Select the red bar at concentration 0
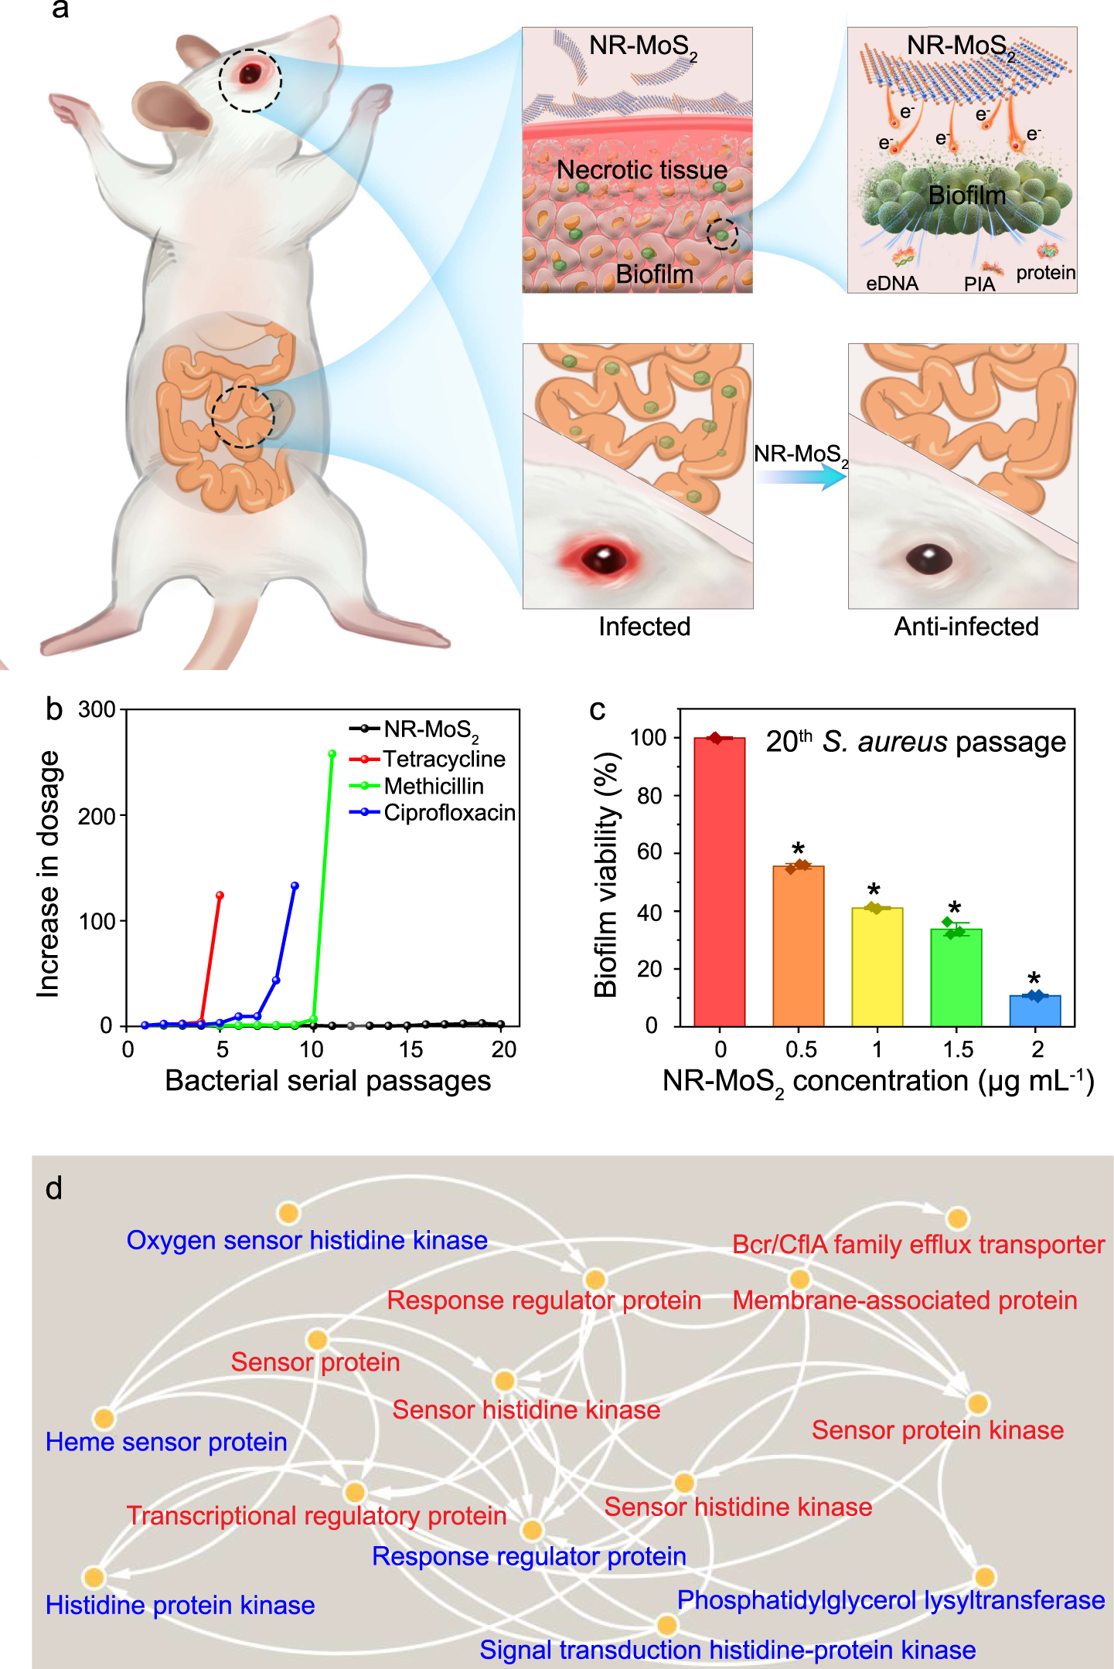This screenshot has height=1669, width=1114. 719,881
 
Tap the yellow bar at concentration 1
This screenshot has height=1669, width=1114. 877,966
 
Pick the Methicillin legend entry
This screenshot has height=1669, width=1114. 433,787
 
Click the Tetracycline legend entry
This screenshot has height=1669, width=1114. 444,760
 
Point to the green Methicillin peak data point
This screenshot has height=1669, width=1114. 332,753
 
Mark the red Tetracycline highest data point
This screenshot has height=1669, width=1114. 220,895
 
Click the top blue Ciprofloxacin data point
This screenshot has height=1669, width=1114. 295,885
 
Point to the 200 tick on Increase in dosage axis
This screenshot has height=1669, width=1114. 97,816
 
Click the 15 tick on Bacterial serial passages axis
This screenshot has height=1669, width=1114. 411,1049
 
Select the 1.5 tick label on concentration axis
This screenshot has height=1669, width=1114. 958,1049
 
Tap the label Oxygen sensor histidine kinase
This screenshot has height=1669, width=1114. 307,1240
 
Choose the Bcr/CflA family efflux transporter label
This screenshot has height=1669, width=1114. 918,1245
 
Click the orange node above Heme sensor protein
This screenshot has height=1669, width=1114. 104,1418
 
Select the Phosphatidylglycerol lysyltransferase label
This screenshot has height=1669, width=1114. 891,1600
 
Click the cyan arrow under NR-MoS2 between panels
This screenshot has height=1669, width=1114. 801,478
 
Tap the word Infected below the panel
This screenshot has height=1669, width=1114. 644,627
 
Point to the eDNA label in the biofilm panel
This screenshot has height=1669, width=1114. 891,284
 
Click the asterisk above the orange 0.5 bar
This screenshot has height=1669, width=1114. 799,848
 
